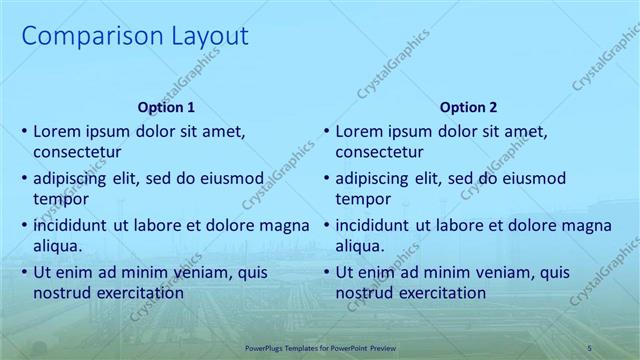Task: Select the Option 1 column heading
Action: pyautogui.click(x=166, y=107)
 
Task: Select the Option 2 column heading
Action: pyautogui.click(x=468, y=107)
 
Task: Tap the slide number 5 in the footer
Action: pyautogui.click(x=590, y=347)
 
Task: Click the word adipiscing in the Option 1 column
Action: pyautogui.click(x=74, y=179)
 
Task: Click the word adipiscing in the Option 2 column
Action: pyautogui.click(x=376, y=179)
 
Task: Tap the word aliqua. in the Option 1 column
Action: pyautogui.click(x=58, y=246)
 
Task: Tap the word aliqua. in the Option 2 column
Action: pyautogui.click(x=360, y=246)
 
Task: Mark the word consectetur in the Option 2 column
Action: pyautogui.click(x=379, y=152)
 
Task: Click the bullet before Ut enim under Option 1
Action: pyautogui.click(x=24, y=272)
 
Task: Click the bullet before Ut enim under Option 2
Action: pyautogui.click(x=326, y=272)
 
